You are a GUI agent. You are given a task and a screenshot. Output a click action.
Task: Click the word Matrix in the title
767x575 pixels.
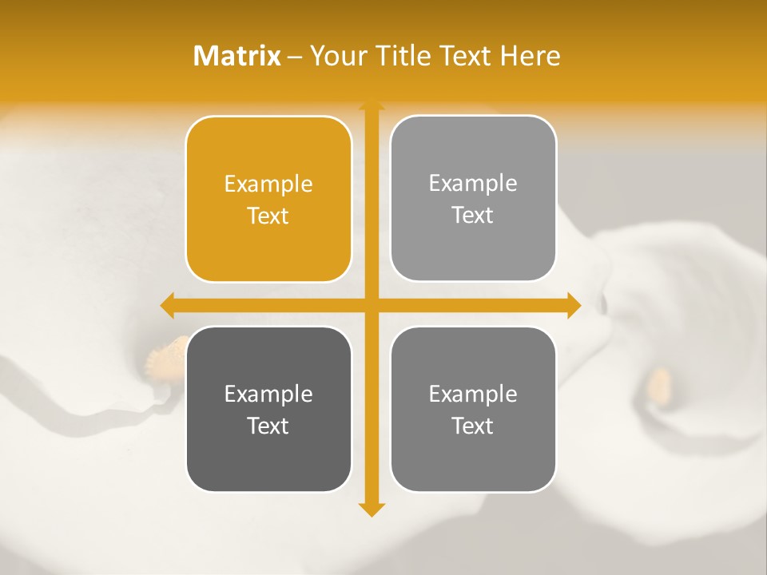pyautogui.click(x=237, y=56)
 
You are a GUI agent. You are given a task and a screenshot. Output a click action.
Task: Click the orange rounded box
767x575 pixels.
pyautogui.click(x=268, y=199)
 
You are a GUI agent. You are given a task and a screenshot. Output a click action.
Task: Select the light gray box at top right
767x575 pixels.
pyautogui.click(x=473, y=198)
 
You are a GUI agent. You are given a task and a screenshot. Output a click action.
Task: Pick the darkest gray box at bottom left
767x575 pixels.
pyautogui.click(x=268, y=409)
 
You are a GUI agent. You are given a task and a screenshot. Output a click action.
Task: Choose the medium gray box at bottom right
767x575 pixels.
pyautogui.click(x=473, y=409)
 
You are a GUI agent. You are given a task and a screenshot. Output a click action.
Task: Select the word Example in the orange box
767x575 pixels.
pyautogui.click(x=268, y=184)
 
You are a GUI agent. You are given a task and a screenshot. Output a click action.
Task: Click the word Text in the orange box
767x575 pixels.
pyautogui.click(x=268, y=216)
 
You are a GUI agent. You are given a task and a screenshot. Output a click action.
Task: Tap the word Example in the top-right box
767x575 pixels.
pyautogui.click(x=473, y=184)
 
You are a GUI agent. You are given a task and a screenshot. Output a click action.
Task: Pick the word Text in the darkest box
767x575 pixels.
pyautogui.click(x=268, y=426)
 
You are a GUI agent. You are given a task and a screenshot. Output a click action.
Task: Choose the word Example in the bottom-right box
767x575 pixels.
pyautogui.click(x=473, y=394)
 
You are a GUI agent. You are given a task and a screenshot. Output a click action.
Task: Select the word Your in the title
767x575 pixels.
pyautogui.click(x=336, y=56)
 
